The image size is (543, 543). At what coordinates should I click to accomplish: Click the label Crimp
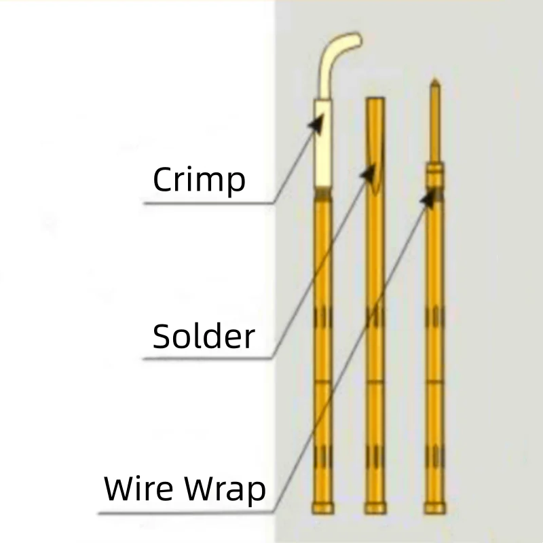click(x=199, y=180)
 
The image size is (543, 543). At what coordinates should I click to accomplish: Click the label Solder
click(x=204, y=336)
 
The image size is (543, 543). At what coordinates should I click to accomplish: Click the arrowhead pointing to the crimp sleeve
click(x=316, y=123)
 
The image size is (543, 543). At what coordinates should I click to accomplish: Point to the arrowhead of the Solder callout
click(x=370, y=173)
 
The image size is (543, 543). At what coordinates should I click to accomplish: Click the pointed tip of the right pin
click(x=434, y=84)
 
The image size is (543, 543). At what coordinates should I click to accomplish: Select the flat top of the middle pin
click(x=375, y=100)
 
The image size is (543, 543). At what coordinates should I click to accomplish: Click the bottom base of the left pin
click(x=323, y=508)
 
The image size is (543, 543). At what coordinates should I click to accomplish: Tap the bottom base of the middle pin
click(x=375, y=508)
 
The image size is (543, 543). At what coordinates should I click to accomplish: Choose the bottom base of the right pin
click(x=434, y=508)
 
